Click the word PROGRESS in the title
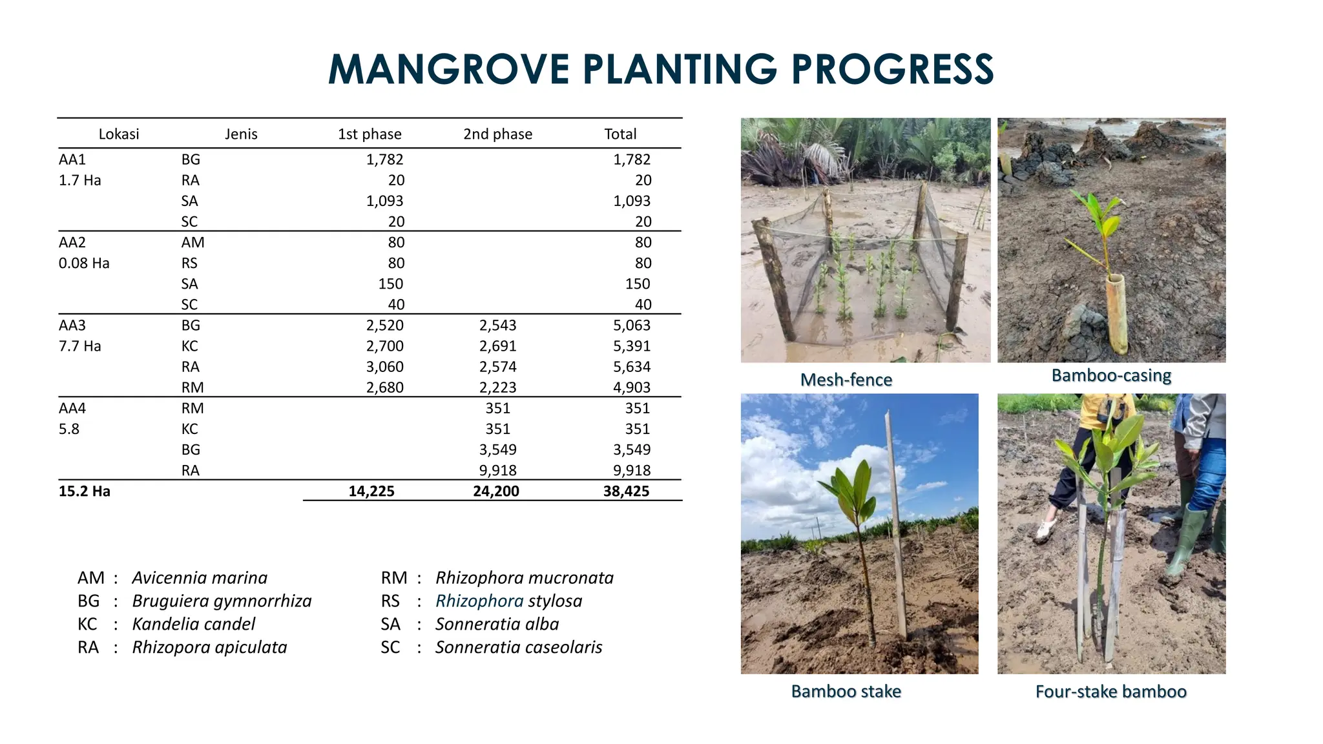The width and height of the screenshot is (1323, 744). pos(892,69)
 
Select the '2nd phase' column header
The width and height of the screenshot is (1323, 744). pos(497,134)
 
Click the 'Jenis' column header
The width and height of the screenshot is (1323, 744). pos(241,134)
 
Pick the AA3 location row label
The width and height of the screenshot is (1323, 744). pos(72,325)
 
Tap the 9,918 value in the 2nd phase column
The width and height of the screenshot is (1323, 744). pos(497,470)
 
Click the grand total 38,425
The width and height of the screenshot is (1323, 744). pos(626,491)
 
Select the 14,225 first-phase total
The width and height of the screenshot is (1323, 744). pos(371,491)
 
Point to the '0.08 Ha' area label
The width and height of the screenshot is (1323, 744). pos(84,263)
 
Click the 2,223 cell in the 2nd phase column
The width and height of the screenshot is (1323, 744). pos(497,387)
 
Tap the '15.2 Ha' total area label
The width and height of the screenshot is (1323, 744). pos(85,491)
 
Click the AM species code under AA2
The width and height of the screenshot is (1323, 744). pos(193,243)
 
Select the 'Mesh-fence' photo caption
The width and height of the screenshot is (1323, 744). pos(846,380)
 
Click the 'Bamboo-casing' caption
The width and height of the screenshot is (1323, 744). pos(1111,375)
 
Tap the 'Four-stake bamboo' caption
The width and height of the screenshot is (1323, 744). pos(1110,692)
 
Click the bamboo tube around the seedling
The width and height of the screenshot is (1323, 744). pos(1117,313)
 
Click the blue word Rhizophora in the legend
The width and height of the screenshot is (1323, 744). pos(479,601)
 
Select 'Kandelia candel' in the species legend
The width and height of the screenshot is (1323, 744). pos(194,625)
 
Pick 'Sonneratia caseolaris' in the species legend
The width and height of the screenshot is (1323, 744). pos(519,648)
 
